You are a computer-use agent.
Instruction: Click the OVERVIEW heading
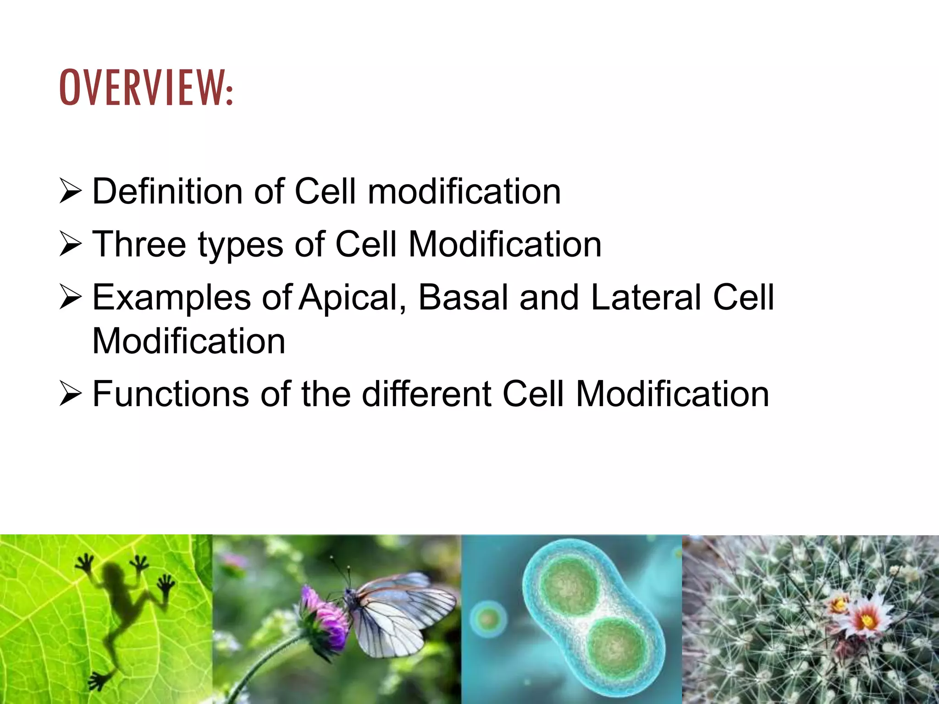[x=146, y=88]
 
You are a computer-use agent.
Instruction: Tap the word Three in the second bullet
[x=139, y=244]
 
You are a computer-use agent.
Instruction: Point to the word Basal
[x=463, y=297]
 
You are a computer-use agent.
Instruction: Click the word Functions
[x=171, y=394]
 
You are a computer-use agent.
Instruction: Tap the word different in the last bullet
[x=426, y=394]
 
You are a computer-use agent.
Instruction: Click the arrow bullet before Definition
[x=71, y=192]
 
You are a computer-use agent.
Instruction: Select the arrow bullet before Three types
[x=71, y=245]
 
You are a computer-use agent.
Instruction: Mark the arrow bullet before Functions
[x=71, y=395]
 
